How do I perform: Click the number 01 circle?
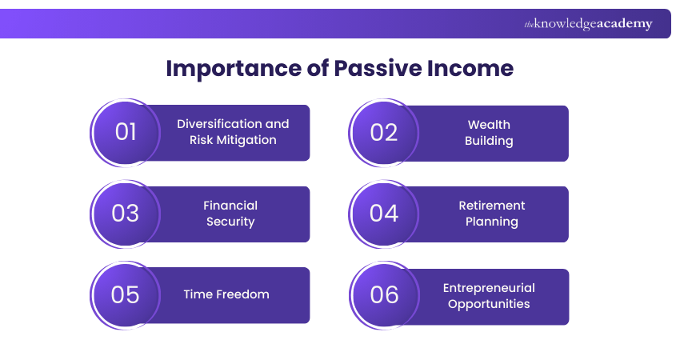(126, 132)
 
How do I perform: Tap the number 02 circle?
(384, 132)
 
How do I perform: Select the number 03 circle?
(126, 214)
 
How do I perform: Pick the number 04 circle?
(384, 214)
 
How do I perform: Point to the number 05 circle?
(126, 294)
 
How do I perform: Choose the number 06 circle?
(384, 294)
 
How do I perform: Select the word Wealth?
(489, 125)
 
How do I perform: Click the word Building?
(489, 141)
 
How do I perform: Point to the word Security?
(230, 222)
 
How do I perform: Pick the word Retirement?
(492, 206)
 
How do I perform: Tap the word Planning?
(492, 222)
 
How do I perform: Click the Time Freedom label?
(226, 294)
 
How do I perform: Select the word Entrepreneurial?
(489, 288)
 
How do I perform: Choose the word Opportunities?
(489, 304)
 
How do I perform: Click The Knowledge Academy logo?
(588, 24)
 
